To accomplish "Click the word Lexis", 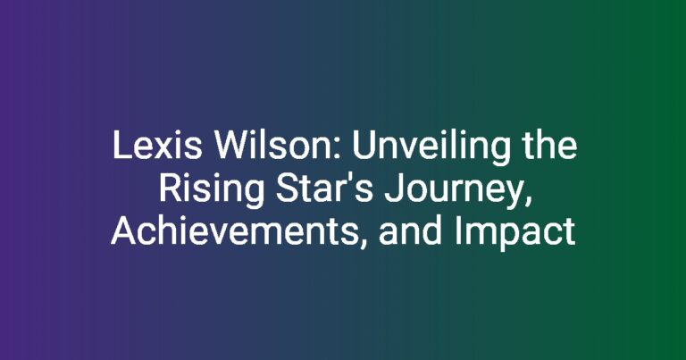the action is coord(157,146).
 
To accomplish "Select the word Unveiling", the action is coord(431,148).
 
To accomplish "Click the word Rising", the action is coord(212,191).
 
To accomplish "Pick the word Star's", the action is coord(323,188).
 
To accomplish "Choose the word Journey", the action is coord(454,191).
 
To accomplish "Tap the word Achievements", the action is coord(234,231).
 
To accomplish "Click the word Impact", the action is coord(514,234).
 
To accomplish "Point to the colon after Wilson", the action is coord(342,148).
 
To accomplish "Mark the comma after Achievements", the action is coord(362,246).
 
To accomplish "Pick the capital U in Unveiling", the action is coord(364,146).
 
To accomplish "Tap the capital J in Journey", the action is coord(392,189).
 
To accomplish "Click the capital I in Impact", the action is coord(457,231).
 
